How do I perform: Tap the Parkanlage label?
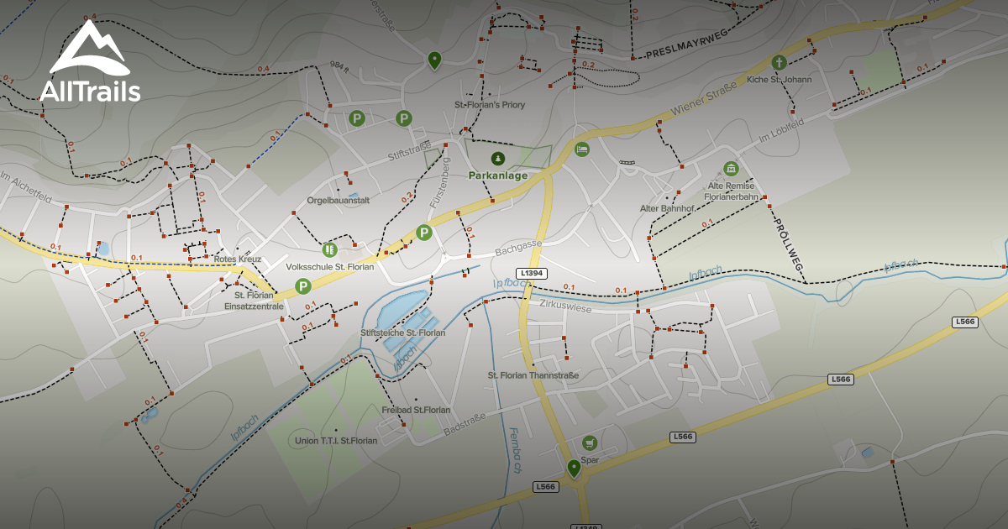(x=498, y=176)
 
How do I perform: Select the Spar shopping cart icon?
(x=590, y=443)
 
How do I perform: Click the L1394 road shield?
(x=533, y=273)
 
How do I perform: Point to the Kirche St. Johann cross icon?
(x=779, y=62)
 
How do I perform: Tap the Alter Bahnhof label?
(x=667, y=208)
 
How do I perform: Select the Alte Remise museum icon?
(x=730, y=169)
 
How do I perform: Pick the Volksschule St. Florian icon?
(x=328, y=249)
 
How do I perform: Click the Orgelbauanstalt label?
(x=339, y=200)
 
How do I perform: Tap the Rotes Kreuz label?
(x=237, y=259)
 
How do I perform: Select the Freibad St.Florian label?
(x=416, y=410)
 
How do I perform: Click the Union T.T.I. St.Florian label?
(x=336, y=440)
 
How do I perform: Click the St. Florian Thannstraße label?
(x=533, y=374)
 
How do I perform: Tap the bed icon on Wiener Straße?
(x=581, y=149)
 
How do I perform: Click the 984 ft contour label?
(x=339, y=64)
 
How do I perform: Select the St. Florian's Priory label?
(x=490, y=105)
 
